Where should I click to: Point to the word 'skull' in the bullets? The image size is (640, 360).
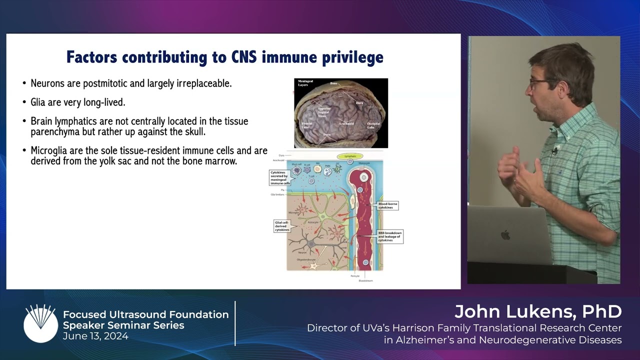[x=192, y=132]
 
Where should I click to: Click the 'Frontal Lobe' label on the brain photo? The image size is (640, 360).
[x=306, y=125]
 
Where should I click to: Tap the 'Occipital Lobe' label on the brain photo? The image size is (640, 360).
[x=374, y=125]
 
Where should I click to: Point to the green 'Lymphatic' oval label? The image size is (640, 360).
[x=349, y=156]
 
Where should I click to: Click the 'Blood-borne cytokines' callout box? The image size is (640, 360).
[x=388, y=205]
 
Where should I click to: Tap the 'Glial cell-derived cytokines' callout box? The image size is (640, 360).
[x=282, y=226]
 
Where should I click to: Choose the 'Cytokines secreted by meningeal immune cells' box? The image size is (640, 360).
[x=280, y=177]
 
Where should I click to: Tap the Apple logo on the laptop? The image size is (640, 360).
[x=505, y=235]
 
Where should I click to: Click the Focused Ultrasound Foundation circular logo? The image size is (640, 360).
[x=40, y=323]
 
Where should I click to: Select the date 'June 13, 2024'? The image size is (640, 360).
[x=95, y=336]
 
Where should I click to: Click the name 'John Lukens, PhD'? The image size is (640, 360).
[x=538, y=312]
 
